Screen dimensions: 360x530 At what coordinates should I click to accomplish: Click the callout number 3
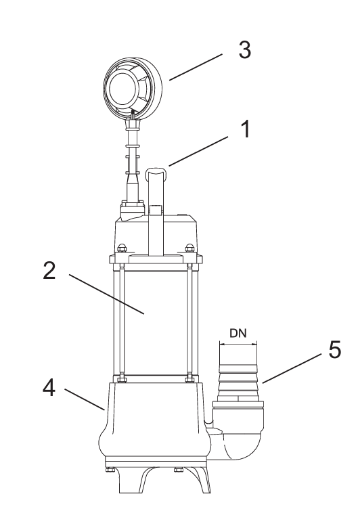click(245, 50)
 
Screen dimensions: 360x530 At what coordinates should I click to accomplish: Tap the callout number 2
click(49, 270)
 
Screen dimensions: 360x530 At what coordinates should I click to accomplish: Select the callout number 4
click(49, 387)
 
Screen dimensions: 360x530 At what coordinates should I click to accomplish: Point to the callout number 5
click(335, 349)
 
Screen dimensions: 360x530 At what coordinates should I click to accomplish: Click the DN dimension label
click(238, 333)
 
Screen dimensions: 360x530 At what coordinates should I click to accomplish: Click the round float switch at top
click(133, 89)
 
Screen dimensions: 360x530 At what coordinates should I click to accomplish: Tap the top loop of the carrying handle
click(156, 171)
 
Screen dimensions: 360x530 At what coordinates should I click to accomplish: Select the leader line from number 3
click(196, 67)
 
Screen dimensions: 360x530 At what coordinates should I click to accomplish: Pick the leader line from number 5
click(292, 368)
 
